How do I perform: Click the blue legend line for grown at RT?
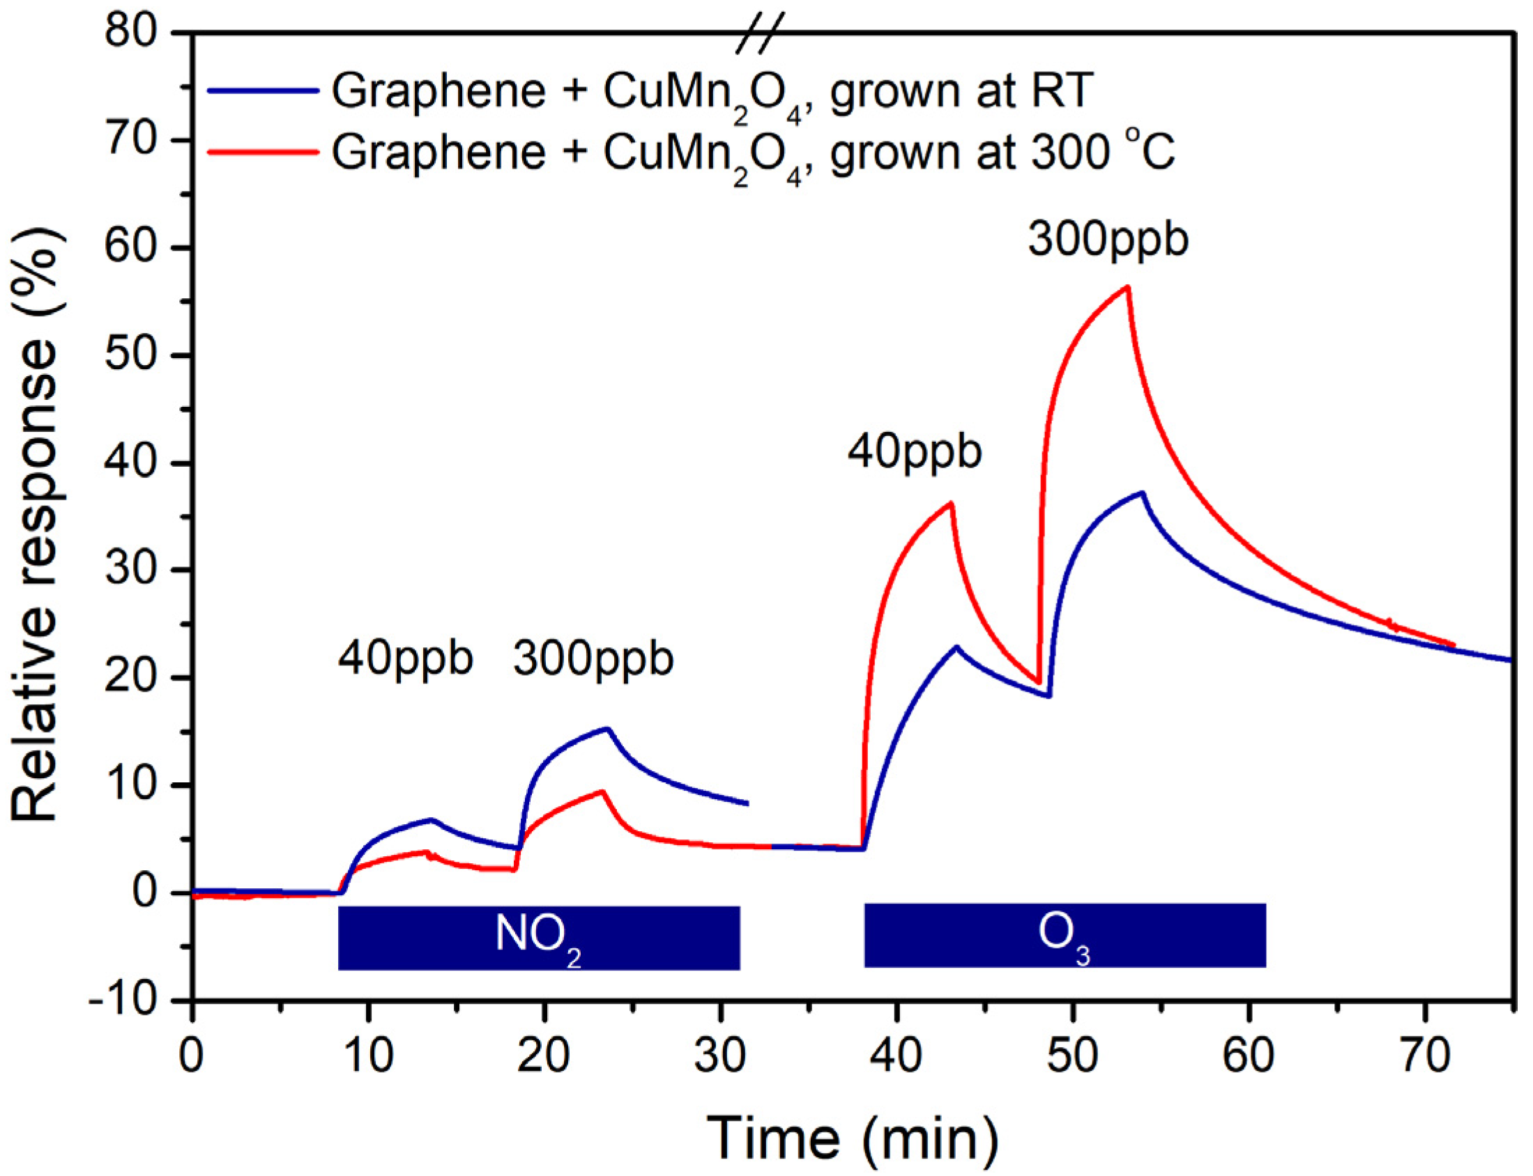click(264, 91)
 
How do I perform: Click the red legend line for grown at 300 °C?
click(264, 151)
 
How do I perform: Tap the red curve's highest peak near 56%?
click(1127, 287)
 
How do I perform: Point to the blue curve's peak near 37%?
click(1142, 493)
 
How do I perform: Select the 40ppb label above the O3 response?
click(914, 451)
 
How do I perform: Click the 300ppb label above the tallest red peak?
click(1108, 240)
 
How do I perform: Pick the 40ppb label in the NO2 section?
click(406, 658)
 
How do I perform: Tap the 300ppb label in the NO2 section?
click(593, 658)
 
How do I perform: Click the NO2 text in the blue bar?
click(538, 936)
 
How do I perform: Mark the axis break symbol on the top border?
click(759, 33)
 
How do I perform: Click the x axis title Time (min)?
click(853, 1138)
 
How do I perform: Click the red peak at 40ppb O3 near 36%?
click(950, 502)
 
